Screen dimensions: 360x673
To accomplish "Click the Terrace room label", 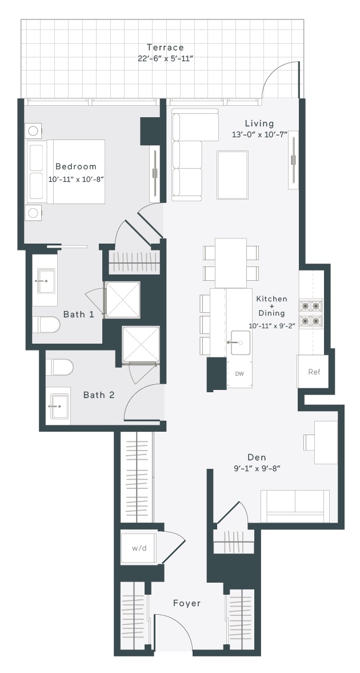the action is (165, 47).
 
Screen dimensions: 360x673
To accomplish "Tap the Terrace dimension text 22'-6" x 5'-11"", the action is (166, 58).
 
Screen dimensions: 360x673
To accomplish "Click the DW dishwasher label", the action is (239, 374).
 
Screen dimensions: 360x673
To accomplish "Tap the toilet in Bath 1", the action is (46, 324).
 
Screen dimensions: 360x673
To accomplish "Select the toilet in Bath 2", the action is (59, 368).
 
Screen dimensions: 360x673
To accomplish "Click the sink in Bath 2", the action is (58, 405).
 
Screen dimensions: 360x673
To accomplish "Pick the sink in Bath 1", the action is (46, 281).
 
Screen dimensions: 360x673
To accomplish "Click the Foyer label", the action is (187, 603).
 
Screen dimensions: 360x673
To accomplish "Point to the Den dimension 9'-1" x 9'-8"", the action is (258, 468).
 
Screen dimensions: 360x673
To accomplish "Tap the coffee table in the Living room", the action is (232, 175).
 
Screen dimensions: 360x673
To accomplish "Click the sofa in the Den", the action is (295, 507).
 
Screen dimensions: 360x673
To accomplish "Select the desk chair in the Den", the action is (309, 442).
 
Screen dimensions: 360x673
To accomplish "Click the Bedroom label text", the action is (76, 166).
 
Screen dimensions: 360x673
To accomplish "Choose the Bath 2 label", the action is (99, 395).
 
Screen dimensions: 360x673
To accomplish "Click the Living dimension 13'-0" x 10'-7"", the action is (259, 134).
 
